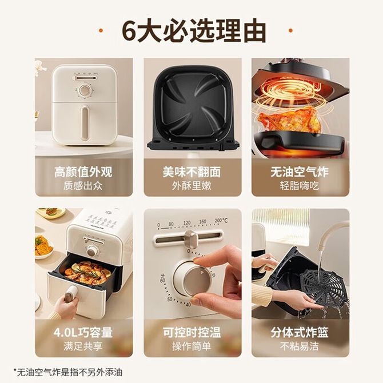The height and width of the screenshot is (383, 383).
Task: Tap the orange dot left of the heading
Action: coord(101,30)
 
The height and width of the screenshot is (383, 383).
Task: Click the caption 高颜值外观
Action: coord(83,172)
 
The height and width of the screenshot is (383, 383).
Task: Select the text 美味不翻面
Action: coord(192,172)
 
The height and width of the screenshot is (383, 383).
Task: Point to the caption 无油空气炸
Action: coord(300,172)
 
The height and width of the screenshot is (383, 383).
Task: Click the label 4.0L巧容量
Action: coord(83,333)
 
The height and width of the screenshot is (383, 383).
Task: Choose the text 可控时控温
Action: coord(192,333)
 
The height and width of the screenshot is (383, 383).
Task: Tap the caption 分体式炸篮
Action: coord(300,333)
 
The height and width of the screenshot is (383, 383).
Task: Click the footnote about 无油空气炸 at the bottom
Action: coord(68,373)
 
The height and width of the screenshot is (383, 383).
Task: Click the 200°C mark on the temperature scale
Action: coord(221,221)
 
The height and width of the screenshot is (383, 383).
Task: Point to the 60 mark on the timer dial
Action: coord(162,279)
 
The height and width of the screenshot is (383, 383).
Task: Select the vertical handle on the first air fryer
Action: coord(84,123)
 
